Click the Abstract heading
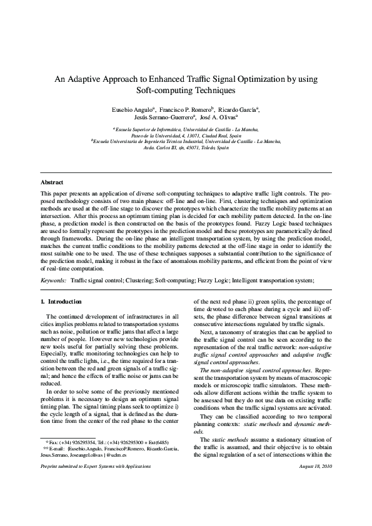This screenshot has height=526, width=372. click(x=52, y=182)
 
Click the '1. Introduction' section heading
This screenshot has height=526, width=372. click(x=60, y=302)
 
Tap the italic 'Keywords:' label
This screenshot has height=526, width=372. click(x=53, y=282)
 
